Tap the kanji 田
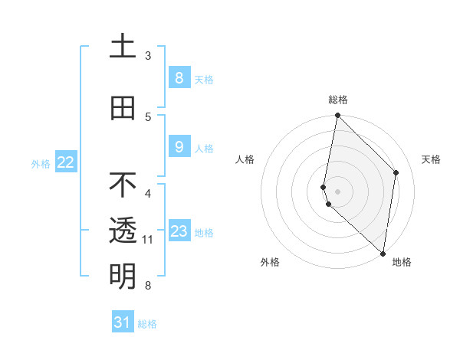coord(123,108)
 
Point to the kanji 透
coord(123,231)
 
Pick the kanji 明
coord(123,276)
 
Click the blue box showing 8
coord(179,77)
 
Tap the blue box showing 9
coord(179,147)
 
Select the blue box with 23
coord(179,231)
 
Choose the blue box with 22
coord(66,162)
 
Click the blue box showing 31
coord(123,322)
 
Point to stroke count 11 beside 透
coord(148,240)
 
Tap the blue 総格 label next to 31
coord(147,324)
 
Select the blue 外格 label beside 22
coord(41,163)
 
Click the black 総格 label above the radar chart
coord(338,100)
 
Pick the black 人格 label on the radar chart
coord(245,159)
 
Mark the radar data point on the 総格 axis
coord(337,116)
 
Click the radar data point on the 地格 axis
coord(383,254)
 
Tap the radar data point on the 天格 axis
coord(396,172)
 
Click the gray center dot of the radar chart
coord(337,191)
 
